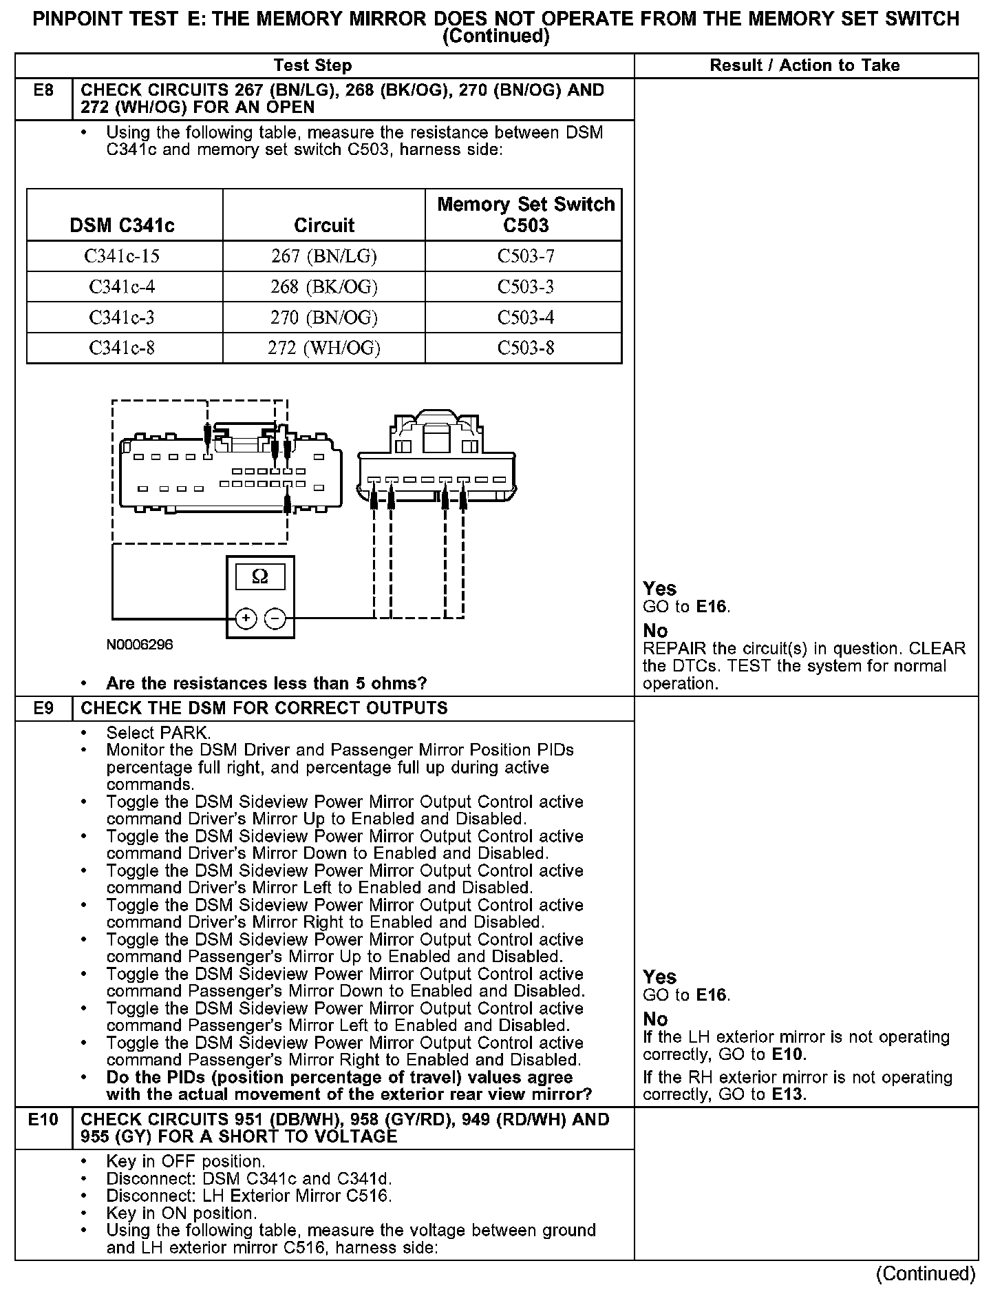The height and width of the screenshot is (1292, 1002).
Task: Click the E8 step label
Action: point(43,90)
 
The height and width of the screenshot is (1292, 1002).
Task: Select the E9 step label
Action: point(43,708)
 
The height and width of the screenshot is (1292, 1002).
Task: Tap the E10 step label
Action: point(43,1119)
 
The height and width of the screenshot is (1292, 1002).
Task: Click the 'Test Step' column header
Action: point(312,65)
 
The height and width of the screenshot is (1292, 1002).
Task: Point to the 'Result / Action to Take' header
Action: point(804,65)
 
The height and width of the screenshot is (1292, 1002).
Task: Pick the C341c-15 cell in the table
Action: point(122,256)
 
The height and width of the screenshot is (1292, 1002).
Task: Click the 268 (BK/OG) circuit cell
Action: point(323,286)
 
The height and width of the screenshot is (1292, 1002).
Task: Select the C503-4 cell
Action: point(525,317)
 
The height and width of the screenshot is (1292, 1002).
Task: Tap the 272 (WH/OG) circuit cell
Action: point(323,348)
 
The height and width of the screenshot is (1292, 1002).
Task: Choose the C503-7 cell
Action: point(525,256)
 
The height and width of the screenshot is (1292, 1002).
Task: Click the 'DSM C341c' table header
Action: point(122,225)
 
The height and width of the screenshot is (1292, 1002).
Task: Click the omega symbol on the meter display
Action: point(260,576)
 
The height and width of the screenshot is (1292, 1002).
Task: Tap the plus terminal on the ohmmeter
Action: point(245,618)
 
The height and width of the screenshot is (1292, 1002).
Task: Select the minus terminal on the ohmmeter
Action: point(275,618)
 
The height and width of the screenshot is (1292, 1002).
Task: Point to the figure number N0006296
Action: point(140,645)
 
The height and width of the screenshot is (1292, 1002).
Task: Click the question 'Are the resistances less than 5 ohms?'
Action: point(266,683)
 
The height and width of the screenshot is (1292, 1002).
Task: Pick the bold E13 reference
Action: point(787,1094)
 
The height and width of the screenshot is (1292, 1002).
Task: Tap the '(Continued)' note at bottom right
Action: point(926,1274)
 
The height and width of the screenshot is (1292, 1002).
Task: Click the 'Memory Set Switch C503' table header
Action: point(525,215)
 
